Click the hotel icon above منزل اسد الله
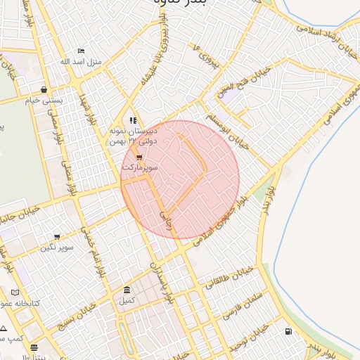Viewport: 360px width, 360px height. [81, 51]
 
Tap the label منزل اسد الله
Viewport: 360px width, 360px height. [81, 62]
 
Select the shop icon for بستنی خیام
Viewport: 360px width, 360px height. [44, 90]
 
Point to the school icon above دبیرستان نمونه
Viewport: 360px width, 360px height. [133, 120]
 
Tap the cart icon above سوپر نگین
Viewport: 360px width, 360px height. [57, 237]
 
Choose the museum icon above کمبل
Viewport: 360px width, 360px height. [126, 290]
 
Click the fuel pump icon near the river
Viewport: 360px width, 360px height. [288, 331]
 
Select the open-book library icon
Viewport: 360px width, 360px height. [15, 292]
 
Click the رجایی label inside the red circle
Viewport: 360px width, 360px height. [166, 210]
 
